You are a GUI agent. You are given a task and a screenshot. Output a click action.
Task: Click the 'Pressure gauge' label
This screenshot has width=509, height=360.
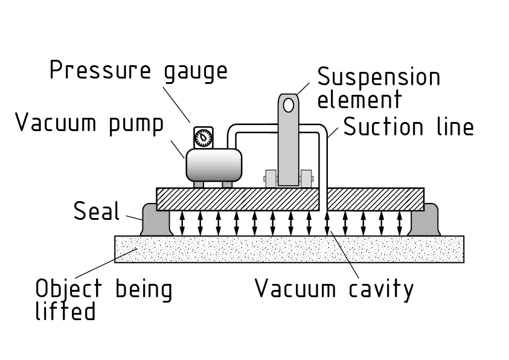138,71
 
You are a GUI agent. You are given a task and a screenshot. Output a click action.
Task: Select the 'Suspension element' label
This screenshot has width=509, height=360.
379,88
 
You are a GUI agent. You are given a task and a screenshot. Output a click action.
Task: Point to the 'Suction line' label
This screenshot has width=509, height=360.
408,127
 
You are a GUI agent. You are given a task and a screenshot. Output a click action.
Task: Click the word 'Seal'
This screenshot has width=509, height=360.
97,211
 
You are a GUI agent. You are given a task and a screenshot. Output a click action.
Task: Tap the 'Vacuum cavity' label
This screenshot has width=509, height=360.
334,288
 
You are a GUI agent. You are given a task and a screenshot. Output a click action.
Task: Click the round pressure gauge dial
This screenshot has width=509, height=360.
204,137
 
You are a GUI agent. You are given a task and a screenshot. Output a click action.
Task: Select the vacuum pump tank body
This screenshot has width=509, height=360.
213,164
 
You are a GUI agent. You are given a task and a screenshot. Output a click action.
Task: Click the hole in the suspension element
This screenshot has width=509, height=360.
289,104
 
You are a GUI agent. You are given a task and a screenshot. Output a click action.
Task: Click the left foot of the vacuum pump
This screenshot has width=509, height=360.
199,184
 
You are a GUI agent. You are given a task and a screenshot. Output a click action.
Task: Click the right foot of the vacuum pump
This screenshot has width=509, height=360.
227,184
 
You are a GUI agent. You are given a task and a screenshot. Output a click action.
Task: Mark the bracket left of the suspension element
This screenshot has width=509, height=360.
270,178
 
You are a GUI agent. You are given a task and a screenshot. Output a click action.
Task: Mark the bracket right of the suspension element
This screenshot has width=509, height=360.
306,178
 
